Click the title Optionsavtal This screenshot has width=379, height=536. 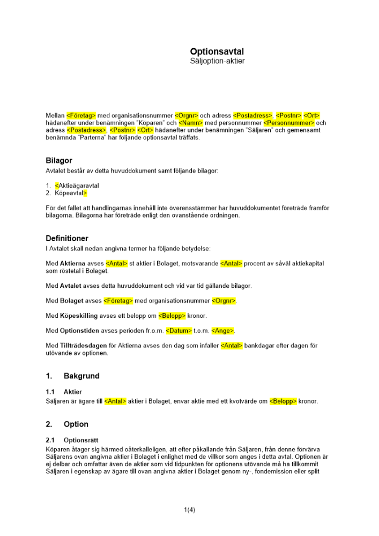tap(217, 51)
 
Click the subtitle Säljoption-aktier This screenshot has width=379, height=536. tap(217, 61)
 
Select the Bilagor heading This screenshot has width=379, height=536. tap(59, 160)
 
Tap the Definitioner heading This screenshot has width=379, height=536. tap(67, 238)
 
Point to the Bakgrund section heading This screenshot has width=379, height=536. tap(81, 376)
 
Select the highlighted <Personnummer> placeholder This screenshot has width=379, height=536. tap(289, 123)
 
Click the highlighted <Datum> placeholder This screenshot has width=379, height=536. tap(179, 331)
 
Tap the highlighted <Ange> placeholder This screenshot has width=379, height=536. tap(223, 331)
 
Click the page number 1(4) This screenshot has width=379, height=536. tap(189, 510)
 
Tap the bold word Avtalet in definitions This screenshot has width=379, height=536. tap(71, 286)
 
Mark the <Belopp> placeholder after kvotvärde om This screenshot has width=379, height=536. tap(283, 401)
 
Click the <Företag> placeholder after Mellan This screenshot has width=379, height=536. tap(81, 115)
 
